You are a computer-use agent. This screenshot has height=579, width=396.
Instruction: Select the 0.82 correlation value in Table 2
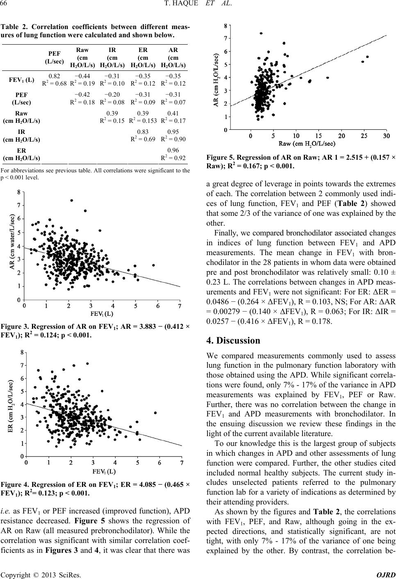55,76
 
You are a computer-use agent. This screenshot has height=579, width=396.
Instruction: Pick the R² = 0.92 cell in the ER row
173,158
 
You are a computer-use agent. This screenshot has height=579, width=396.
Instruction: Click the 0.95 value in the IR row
173,132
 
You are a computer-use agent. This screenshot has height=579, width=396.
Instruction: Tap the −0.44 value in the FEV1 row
82,76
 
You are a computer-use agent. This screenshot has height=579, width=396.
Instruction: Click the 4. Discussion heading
233,340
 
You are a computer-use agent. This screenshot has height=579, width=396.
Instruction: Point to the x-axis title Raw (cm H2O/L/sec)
307,144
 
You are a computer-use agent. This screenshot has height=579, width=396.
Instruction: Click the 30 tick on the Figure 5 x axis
387,136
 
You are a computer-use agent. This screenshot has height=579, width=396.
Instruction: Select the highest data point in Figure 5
261,33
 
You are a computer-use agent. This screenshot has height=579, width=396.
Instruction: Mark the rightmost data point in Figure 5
368,57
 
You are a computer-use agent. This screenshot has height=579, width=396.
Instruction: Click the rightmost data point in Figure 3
153,265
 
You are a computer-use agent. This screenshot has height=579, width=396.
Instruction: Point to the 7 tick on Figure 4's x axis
182,462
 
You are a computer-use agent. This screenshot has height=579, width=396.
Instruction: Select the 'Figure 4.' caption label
15,484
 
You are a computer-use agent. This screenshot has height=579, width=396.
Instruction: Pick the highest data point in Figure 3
72,201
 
